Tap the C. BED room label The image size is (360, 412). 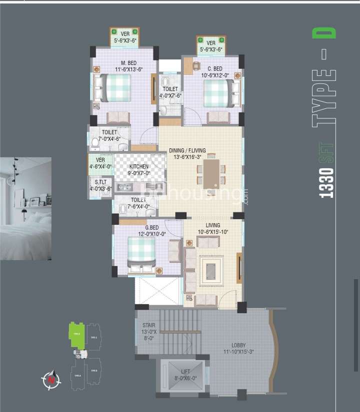(x=214, y=69)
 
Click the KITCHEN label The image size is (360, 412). (x=138, y=167)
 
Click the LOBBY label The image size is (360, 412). (x=238, y=345)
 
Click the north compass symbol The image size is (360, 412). (x=50, y=380)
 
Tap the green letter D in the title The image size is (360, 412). (x=324, y=33)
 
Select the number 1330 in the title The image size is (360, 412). (x=326, y=183)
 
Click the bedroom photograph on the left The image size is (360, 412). (x=25, y=208)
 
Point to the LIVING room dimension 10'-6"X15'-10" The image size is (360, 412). (x=213, y=232)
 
